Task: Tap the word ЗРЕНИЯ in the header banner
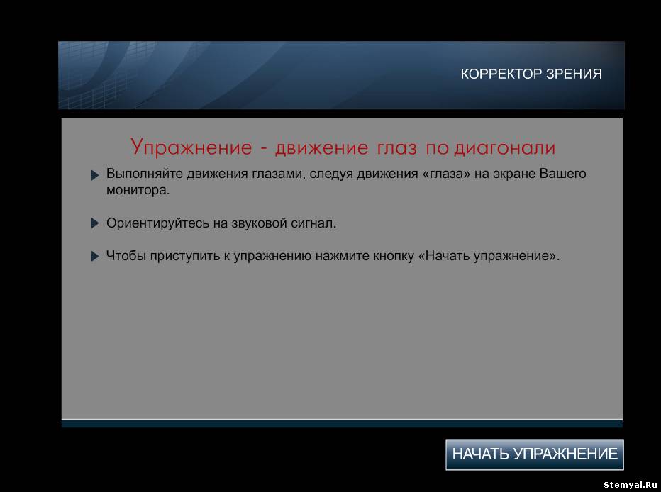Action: [574, 74]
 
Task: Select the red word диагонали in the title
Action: [504, 148]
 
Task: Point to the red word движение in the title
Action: [322, 148]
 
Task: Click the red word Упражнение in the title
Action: [191, 148]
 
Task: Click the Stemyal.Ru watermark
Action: [631, 485]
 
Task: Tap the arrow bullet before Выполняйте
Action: [95, 175]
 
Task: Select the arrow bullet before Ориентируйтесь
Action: [95, 223]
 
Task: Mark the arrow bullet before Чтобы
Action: [95, 256]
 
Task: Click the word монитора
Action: [138, 191]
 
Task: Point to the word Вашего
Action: [563, 174]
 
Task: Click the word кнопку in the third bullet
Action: [394, 256]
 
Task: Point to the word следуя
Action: [331, 174]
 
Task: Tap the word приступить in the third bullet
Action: [184, 256]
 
